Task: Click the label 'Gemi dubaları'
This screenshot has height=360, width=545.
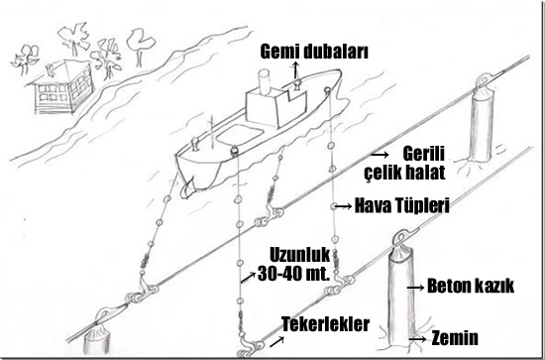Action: click(314, 52)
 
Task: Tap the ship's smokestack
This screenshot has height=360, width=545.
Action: click(265, 82)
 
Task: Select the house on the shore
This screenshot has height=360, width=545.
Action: click(61, 87)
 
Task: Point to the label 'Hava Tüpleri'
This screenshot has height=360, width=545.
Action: click(401, 205)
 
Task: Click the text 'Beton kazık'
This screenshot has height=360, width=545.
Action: click(471, 286)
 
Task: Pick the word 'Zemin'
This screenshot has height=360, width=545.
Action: click(455, 338)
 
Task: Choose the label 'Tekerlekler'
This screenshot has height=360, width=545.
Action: click(325, 324)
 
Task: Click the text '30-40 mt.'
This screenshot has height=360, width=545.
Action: click(293, 274)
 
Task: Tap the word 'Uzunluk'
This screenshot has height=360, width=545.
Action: click(299, 255)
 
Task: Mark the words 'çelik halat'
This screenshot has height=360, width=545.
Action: click(404, 172)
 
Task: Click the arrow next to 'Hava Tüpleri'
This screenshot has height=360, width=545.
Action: click(344, 206)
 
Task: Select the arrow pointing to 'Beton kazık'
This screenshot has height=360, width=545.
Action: click(415, 288)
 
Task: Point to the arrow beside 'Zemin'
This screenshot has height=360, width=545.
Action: click(417, 338)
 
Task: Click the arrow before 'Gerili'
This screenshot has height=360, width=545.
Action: click(380, 154)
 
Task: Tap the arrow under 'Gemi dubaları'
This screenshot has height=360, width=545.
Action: click(295, 69)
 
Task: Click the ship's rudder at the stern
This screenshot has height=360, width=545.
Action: click(188, 189)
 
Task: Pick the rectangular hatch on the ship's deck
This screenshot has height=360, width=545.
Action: click(240, 135)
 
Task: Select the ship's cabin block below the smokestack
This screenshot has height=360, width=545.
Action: click(276, 107)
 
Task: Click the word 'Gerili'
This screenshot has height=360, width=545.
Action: click(424, 154)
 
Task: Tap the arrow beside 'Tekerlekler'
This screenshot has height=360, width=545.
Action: click(276, 342)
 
